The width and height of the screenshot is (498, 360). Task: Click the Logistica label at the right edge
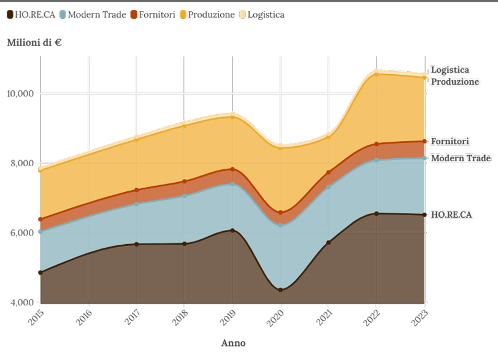pos(450,70)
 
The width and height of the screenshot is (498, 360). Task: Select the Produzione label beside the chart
pos(454,82)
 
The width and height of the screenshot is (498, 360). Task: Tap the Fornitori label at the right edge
pos(450,141)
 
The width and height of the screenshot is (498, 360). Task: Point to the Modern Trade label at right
pos(461,158)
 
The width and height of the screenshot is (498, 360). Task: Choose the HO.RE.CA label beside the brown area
pos(451,215)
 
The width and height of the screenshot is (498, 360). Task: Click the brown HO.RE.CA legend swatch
pos(10,14)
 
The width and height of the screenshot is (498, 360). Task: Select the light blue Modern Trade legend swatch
pos(63,14)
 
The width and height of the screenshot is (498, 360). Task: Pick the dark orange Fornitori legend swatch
pos(134,14)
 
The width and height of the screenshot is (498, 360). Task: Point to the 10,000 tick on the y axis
pos(20,94)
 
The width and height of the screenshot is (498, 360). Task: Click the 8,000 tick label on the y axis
pos(22,164)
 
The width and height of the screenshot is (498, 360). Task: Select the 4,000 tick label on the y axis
pos(22,303)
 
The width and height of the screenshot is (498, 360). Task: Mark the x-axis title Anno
pos(233,343)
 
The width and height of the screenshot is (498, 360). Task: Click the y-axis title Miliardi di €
pos(34,43)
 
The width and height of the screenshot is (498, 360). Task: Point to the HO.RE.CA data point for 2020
pos(280,288)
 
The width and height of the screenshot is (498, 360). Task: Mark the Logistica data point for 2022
pos(377,71)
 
